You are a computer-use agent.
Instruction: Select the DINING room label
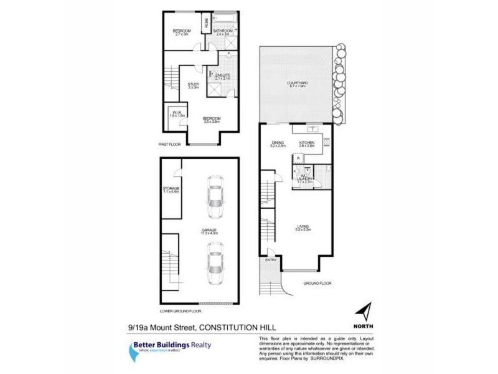pyautogui.click(x=278, y=143)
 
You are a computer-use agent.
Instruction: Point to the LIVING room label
pyautogui.click(x=303, y=226)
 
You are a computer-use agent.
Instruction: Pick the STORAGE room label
pyautogui.click(x=171, y=188)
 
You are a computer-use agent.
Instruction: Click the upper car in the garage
pyautogui.click(x=215, y=198)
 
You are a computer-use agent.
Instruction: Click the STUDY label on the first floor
pyautogui.click(x=193, y=85)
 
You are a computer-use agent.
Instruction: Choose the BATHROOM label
pyautogui.click(x=223, y=31)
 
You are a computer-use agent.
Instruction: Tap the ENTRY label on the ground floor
pyautogui.click(x=271, y=259)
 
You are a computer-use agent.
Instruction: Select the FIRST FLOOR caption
pyautogui.click(x=169, y=143)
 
